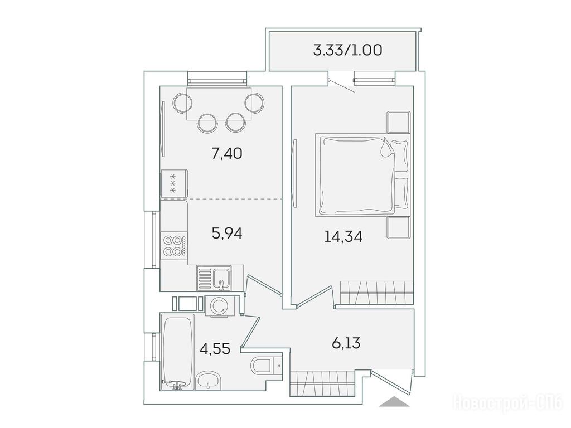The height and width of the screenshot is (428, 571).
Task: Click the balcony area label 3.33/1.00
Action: click(x=347, y=50)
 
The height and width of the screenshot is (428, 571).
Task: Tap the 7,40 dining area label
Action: click(x=227, y=154)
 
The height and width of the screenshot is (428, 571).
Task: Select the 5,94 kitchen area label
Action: click(x=227, y=234)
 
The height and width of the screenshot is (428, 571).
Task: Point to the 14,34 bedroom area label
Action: click(x=343, y=236)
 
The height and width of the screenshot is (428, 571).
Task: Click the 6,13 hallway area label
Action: click(x=346, y=343)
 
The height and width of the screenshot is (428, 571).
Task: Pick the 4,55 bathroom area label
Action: click(x=215, y=349)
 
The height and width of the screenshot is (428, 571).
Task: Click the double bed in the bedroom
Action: click(x=362, y=175)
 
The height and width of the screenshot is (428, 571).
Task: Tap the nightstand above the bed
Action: click(x=399, y=122)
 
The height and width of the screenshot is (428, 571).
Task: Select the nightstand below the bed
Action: click(x=399, y=228)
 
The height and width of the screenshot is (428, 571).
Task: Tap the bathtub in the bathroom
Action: click(x=177, y=352)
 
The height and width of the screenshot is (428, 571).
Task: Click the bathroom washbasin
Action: click(x=208, y=381)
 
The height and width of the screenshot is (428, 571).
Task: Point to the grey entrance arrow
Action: click(x=394, y=401)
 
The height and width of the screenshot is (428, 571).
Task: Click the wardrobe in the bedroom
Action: click(x=376, y=293)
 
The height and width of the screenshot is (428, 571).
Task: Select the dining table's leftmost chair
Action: click(x=182, y=103)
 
